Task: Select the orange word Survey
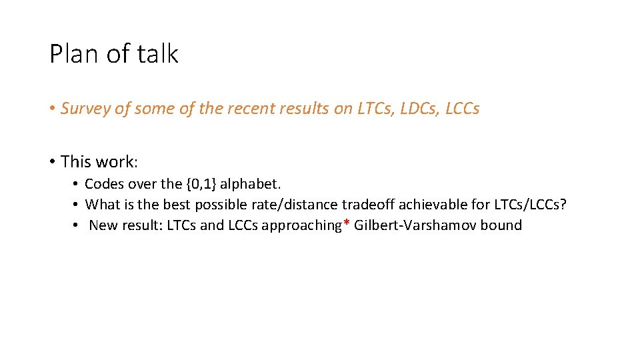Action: coord(85,109)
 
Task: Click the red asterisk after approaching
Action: coord(347,223)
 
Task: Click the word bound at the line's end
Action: coord(501,225)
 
